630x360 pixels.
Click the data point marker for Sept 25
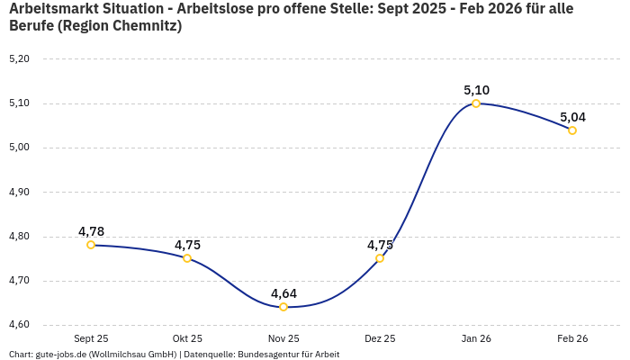pyautogui.click(x=91, y=245)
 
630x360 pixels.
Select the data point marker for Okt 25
pyautogui.click(x=187, y=258)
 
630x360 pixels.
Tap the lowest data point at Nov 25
pyautogui.click(x=283, y=307)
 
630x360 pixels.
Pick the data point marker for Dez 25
pyautogui.click(x=380, y=258)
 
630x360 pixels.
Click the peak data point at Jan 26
pyautogui.click(x=476, y=103)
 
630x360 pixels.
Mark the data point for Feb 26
pyautogui.click(x=572, y=130)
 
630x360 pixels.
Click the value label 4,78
pyautogui.click(x=91, y=231)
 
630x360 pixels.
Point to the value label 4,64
pyautogui.click(x=283, y=293)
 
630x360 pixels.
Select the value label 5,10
pyautogui.click(x=476, y=90)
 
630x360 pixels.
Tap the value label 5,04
pyautogui.click(x=572, y=117)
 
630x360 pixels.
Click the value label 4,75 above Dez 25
pyautogui.click(x=380, y=245)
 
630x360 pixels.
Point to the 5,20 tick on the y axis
pyautogui.click(x=19, y=59)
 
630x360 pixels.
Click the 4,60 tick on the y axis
pyautogui.click(x=19, y=325)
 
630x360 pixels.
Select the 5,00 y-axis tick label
pyautogui.click(x=19, y=148)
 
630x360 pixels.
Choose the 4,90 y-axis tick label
pyautogui.click(x=19, y=192)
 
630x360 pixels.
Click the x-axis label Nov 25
pyautogui.click(x=283, y=338)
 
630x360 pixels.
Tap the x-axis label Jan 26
pyautogui.click(x=476, y=338)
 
